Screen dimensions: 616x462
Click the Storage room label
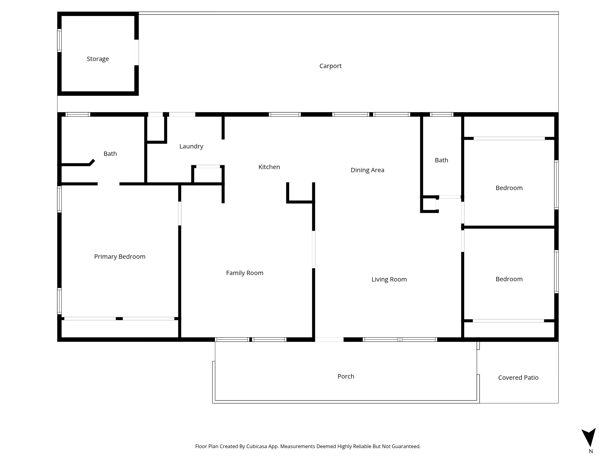[98, 59]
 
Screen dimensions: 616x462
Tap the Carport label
[330, 66]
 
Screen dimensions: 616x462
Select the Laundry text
[191, 147]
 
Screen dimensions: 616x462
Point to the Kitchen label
[269, 167]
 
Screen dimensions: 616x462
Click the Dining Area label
[367, 170]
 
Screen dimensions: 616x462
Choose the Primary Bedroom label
[120, 257]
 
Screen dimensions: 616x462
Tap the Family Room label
[245, 273]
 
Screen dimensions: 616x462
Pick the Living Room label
[389, 279]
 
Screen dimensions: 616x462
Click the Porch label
[346, 376]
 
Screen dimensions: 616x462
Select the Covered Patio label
[518, 378]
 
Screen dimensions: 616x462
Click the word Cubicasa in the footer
[257, 446]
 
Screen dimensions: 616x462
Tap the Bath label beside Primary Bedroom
[110, 154]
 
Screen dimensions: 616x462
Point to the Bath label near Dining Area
[441, 160]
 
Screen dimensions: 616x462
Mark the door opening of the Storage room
[136, 52]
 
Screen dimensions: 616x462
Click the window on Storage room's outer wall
[59, 40]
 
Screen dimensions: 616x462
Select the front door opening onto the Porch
[329, 339]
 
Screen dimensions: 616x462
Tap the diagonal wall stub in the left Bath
[92, 162]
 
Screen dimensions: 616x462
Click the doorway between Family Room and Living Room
[314, 249]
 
